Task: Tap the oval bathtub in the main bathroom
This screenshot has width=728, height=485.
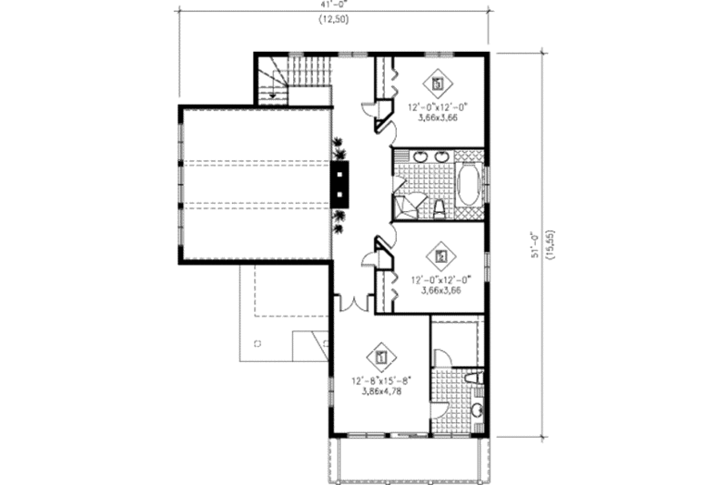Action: click(468, 187)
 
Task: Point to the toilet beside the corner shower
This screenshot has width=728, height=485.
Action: click(439, 208)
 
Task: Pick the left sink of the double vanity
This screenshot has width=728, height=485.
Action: click(421, 158)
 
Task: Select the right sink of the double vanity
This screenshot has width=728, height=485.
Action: click(442, 158)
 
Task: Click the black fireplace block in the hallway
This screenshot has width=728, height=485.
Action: click(339, 185)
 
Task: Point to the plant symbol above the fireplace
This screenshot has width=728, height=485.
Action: click(339, 147)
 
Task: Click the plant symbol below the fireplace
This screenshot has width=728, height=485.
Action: click(339, 216)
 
